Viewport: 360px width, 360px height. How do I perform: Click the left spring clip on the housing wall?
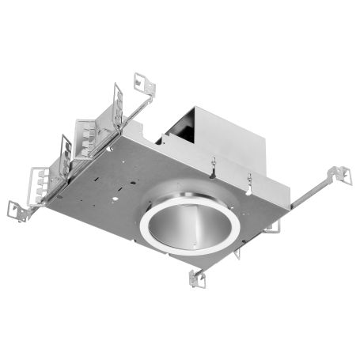(214, 167)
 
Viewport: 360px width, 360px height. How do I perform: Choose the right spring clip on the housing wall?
(249, 184)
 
